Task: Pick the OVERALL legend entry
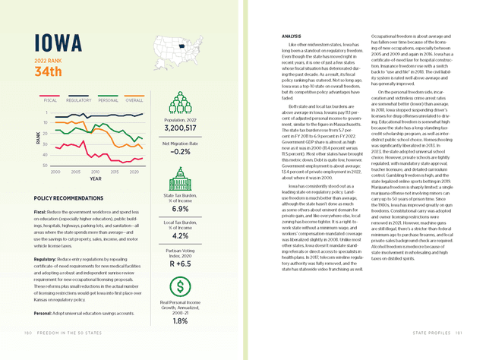(134, 99)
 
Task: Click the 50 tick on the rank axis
(46, 165)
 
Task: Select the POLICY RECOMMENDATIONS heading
(72, 197)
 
